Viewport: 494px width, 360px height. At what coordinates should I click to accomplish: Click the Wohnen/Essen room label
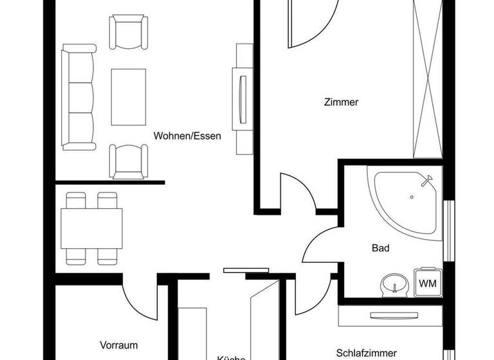[x=187, y=136]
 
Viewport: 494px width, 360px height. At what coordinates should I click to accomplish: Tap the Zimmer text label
[x=341, y=102]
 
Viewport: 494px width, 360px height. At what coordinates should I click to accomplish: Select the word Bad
[x=381, y=248]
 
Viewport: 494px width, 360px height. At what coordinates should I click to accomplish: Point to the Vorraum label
[x=119, y=345]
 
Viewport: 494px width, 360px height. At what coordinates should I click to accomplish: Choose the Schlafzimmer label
[x=366, y=352]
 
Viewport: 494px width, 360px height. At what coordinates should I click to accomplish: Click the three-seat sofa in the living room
[x=78, y=97]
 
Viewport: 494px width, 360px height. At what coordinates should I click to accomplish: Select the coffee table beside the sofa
[x=129, y=97]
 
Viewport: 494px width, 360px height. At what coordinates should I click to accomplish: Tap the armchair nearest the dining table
[x=129, y=160]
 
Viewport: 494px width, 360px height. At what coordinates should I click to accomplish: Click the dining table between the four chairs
[x=91, y=229]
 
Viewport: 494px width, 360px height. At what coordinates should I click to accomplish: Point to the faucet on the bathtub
[x=427, y=181]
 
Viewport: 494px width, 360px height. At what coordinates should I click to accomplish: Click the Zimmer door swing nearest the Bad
[x=297, y=192]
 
